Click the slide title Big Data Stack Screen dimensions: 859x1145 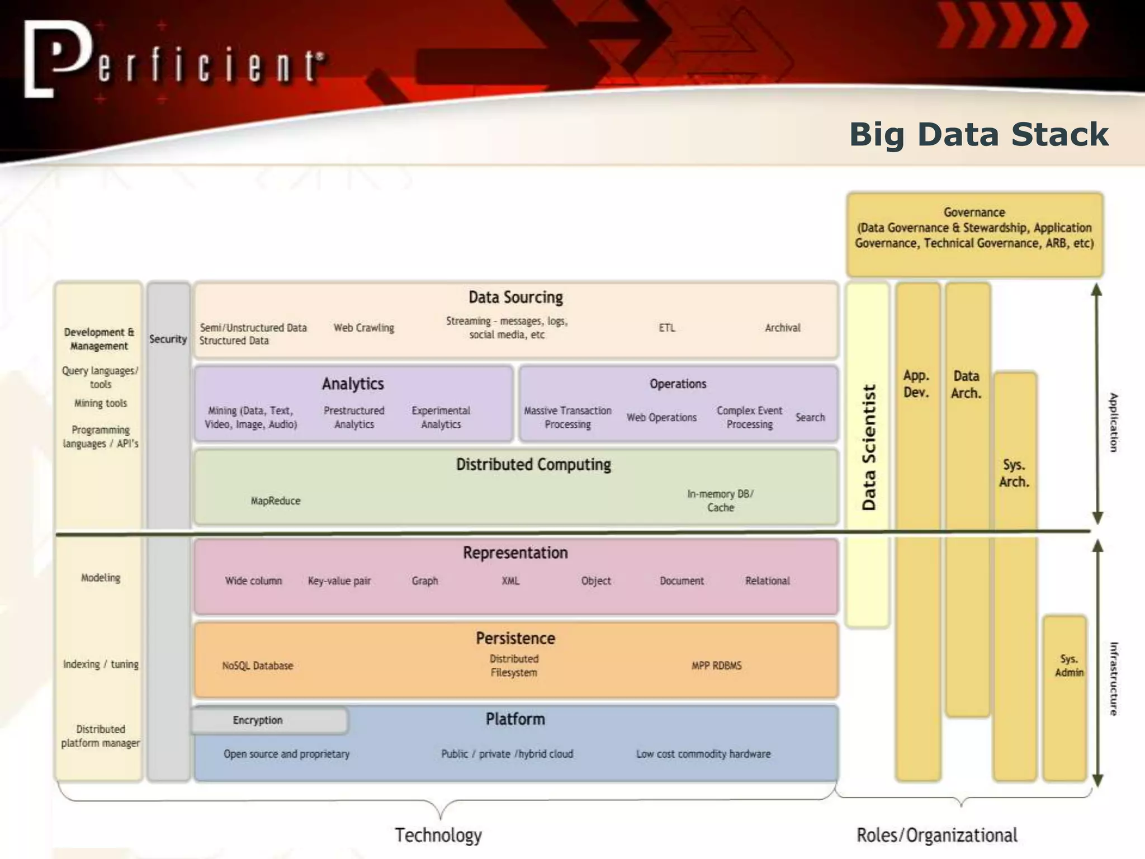(x=978, y=135)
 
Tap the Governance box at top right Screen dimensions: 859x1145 (x=974, y=234)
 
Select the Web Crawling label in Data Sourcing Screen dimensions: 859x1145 (x=364, y=328)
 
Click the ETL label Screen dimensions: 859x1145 (x=666, y=328)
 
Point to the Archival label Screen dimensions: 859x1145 (x=782, y=328)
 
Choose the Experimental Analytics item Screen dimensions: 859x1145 (x=441, y=417)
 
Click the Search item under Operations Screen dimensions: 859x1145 (x=810, y=417)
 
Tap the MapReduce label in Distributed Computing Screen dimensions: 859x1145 (x=275, y=501)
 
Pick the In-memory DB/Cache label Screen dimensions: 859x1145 (x=720, y=501)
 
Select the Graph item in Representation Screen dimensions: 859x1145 (x=425, y=581)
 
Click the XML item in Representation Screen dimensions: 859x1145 (x=510, y=581)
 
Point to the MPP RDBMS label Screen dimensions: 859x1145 (x=716, y=666)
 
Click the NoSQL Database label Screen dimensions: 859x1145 (x=257, y=666)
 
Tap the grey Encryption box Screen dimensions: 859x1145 (x=269, y=720)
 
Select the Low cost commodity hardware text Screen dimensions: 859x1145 (x=703, y=754)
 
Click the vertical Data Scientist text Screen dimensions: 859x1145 (x=868, y=447)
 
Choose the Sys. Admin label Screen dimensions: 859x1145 (x=1068, y=666)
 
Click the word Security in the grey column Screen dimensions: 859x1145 (x=168, y=339)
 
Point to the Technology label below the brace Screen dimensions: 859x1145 (x=438, y=835)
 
